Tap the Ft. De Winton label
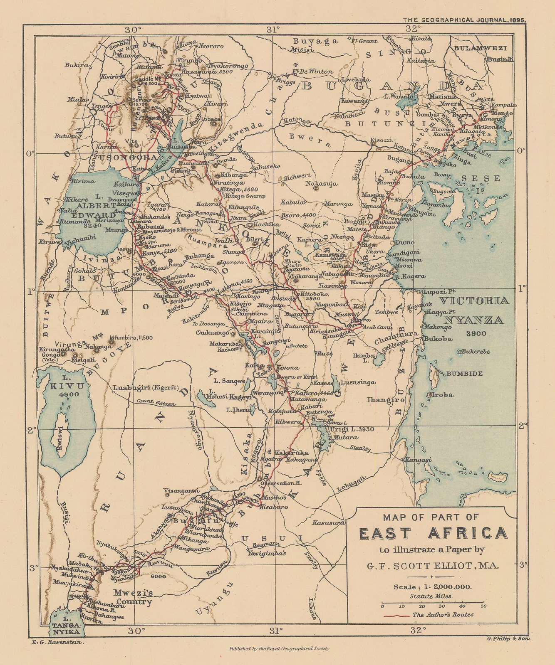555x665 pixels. tap(312, 71)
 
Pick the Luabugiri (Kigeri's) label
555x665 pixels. tap(145, 388)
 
